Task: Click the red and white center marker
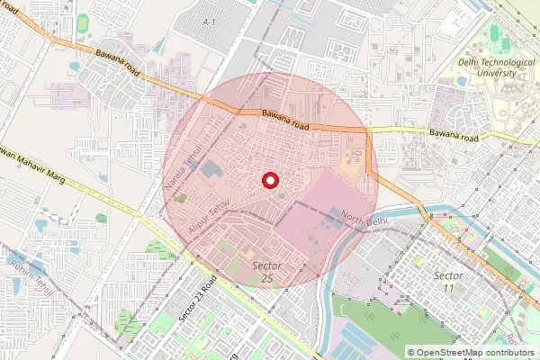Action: click(268, 181)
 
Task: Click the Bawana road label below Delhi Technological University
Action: click(454, 136)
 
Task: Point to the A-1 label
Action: click(210, 21)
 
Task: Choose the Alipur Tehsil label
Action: click(210, 217)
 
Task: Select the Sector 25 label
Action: click(268, 273)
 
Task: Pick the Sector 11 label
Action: click(448, 281)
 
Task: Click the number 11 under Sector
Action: click(448, 287)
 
